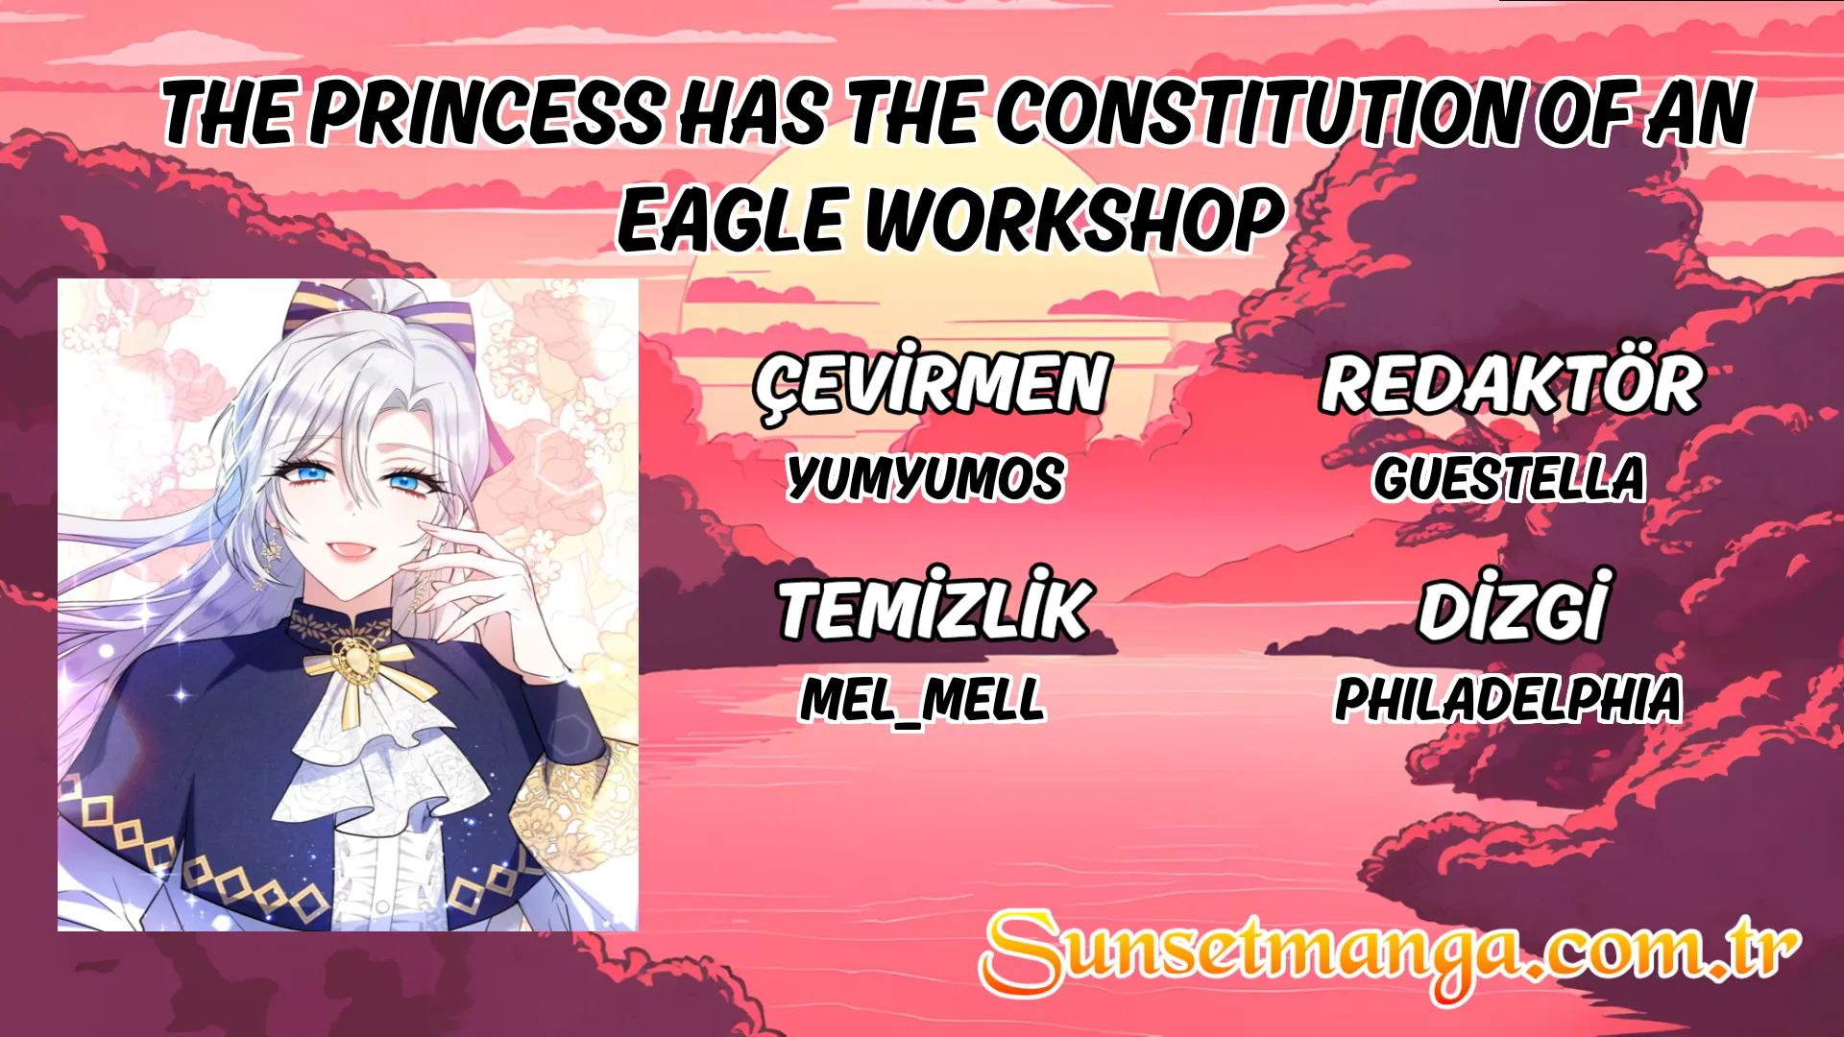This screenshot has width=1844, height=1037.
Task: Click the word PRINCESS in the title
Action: pos(486,113)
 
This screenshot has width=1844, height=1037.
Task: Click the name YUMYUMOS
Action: pos(926,477)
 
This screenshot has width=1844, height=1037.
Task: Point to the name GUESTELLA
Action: pos(1509,477)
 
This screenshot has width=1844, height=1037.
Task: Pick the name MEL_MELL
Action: pos(923,698)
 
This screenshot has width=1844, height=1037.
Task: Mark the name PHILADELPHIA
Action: pos(1508,698)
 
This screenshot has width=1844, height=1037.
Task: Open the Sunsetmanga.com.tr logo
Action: pos(1390,953)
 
